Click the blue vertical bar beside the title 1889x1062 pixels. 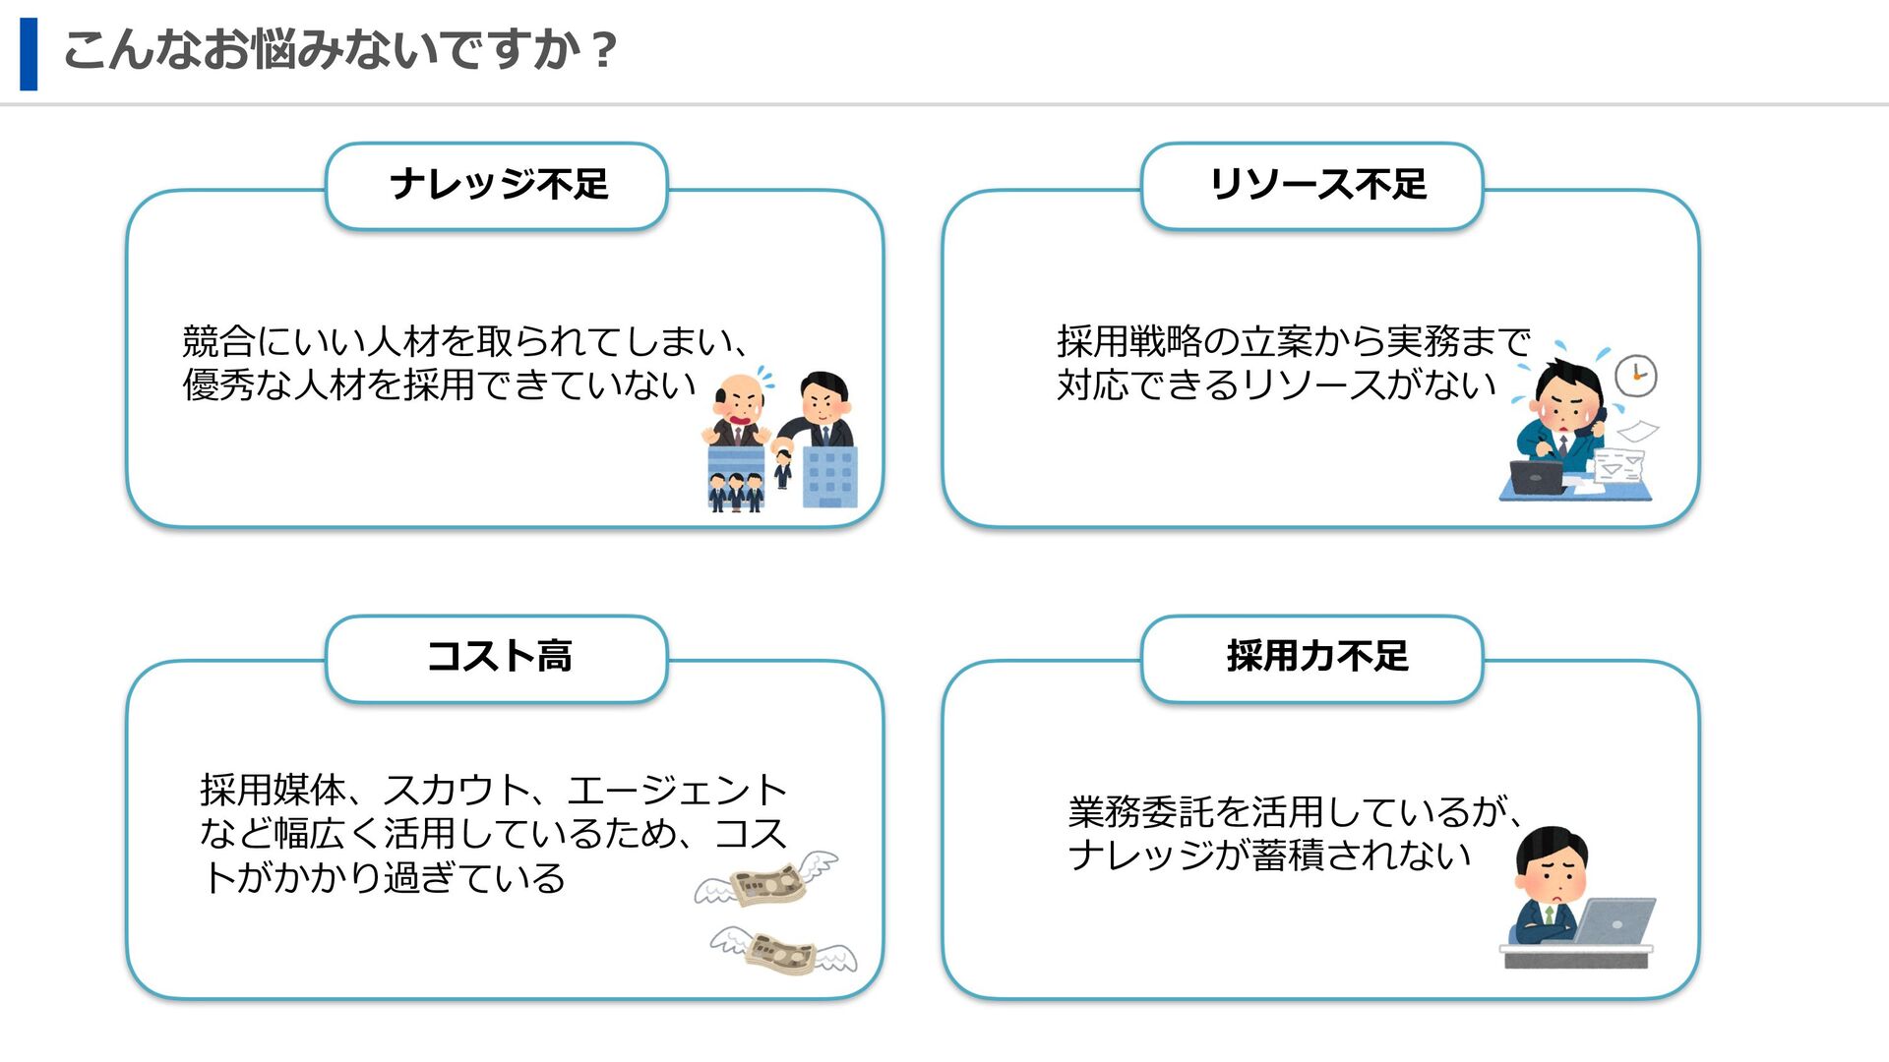point(29,54)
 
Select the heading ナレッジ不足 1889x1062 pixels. point(499,185)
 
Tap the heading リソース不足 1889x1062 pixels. point(1317,185)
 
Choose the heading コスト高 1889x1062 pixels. point(499,657)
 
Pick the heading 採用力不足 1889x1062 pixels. point(1317,657)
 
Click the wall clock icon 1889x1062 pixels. point(1636,376)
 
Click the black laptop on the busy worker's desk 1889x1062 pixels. point(1536,477)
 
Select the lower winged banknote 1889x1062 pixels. point(783,952)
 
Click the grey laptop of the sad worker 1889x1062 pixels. point(1615,920)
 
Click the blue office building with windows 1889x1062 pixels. point(829,477)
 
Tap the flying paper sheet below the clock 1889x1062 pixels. point(1637,431)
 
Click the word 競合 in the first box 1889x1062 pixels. point(218,342)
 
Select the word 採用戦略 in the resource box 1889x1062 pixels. point(1129,342)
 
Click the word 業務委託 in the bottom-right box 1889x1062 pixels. point(1141,812)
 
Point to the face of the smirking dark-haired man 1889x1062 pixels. point(824,401)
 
